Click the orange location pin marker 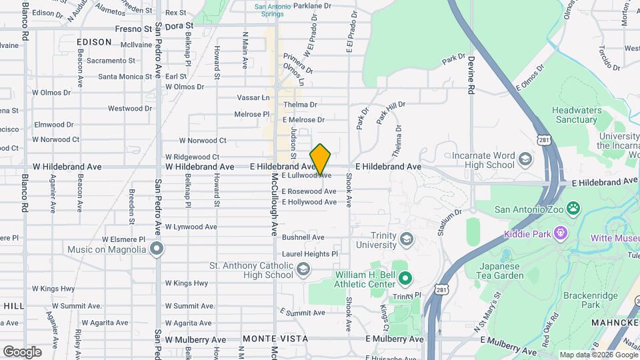[x=321, y=159]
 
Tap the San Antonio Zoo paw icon [x=574, y=209]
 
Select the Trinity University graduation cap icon [x=406, y=239]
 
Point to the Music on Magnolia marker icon [x=157, y=249]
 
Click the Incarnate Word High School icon [x=525, y=160]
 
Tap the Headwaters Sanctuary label [x=575, y=115]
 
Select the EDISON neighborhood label [x=94, y=41]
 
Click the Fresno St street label [x=133, y=29]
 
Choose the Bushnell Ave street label [x=303, y=237]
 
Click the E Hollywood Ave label [x=309, y=201]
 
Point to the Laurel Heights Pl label [x=310, y=254]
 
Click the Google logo [x=22, y=351]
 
